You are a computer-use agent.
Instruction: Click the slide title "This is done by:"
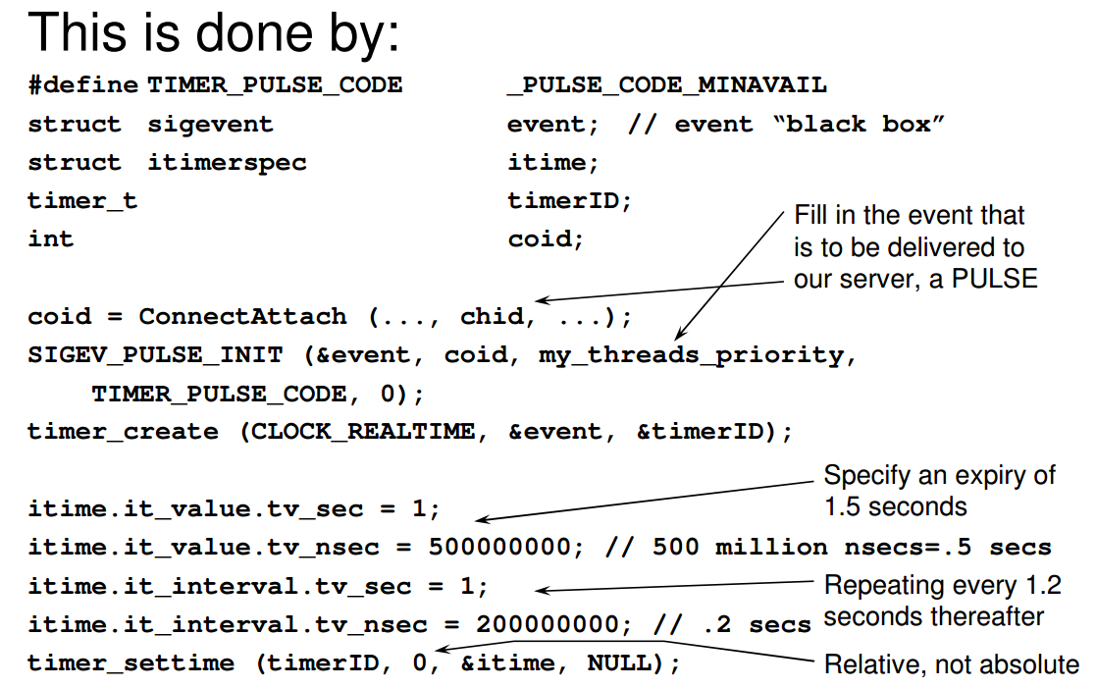coord(213,32)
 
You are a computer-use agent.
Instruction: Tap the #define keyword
coord(83,84)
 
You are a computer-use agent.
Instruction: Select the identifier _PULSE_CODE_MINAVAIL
coord(667,85)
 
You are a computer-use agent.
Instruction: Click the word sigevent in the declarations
coord(210,125)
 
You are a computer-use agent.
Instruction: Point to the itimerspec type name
coord(228,163)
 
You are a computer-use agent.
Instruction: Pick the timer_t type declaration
coord(82,201)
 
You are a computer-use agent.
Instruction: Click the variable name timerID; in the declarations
coord(570,200)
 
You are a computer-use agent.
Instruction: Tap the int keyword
coord(51,239)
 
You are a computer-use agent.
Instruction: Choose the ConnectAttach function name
coord(242,316)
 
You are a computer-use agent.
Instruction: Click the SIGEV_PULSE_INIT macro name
coord(155,355)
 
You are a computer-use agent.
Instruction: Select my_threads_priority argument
coord(692,356)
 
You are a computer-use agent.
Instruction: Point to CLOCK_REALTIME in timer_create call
coord(363,432)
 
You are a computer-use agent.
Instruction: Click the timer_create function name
coord(123,432)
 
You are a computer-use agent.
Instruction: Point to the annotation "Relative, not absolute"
coord(952,664)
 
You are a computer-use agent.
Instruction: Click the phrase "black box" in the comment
coord(860,124)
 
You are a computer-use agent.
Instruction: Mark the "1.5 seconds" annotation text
coord(896,506)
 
